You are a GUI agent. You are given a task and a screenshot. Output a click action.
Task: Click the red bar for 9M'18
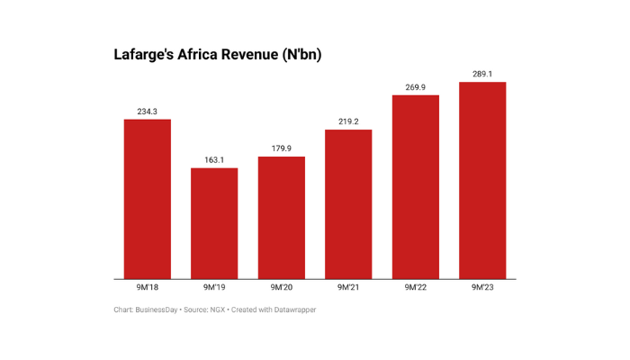(x=147, y=199)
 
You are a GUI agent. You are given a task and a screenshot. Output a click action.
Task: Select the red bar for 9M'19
(x=214, y=223)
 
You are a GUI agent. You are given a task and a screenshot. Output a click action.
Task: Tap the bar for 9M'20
(x=281, y=218)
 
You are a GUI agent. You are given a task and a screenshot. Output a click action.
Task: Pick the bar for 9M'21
(x=348, y=204)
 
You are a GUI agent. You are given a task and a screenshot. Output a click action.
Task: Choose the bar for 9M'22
(x=415, y=186)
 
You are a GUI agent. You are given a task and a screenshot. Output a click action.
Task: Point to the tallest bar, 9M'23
(x=482, y=180)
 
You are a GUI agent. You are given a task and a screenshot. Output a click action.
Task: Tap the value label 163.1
(x=214, y=159)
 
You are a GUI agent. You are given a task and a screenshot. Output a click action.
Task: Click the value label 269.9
(x=415, y=86)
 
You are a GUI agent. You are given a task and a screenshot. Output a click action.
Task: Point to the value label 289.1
(x=482, y=73)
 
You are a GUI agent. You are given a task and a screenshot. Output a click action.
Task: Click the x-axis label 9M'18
(x=147, y=288)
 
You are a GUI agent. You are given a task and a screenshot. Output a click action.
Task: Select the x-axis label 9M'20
(x=281, y=288)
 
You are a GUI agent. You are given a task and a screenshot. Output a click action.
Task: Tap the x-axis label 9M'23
(x=482, y=288)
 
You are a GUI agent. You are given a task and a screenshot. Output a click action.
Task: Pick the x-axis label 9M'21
(x=348, y=288)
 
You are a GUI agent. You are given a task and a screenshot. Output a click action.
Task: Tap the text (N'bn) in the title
(x=301, y=55)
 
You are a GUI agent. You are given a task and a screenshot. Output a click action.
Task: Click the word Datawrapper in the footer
(x=293, y=310)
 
